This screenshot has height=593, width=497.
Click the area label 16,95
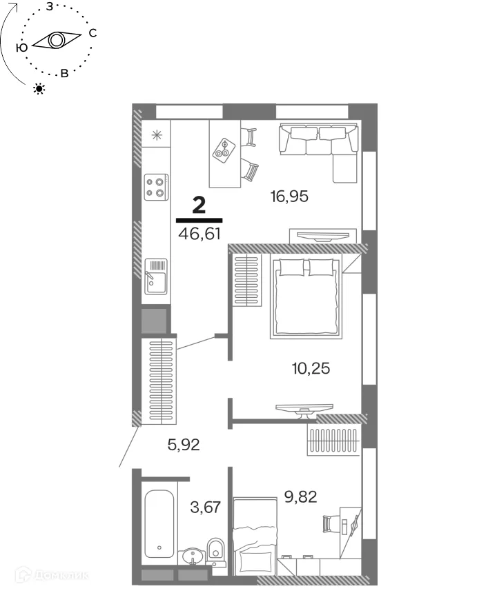289,197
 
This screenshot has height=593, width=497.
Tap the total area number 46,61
199,234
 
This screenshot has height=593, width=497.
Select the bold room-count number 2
199,205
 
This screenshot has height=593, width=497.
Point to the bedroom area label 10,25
311,368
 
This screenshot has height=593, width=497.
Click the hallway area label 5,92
184,444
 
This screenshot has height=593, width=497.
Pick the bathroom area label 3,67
205,507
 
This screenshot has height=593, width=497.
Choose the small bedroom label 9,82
300,496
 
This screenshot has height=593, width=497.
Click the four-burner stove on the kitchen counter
156,187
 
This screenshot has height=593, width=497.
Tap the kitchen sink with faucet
156,277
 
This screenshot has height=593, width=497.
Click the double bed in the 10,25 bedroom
306,297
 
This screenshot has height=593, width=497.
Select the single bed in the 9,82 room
255,536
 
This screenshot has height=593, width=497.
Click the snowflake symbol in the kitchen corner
156,134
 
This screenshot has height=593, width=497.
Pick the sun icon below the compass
39,89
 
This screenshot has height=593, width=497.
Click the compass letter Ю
22,48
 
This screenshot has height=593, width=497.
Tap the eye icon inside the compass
57,40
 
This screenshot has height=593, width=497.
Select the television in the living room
323,237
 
